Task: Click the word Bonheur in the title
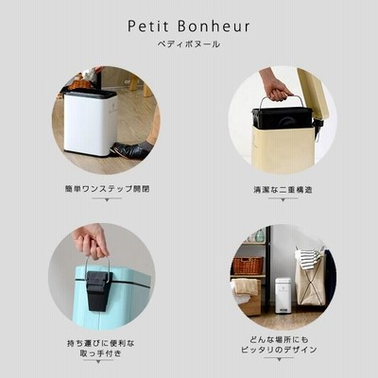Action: coord(214,26)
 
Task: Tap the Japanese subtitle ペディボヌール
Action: coord(189,44)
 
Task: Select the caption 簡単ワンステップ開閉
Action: coord(107,189)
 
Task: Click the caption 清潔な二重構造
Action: coord(283,190)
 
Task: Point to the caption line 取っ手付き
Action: coord(101,353)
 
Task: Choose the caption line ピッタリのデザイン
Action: coord(279,350)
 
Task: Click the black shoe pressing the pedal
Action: coord(130,149)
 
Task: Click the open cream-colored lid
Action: coord(314,94)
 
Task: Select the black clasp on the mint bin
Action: coord(98,290)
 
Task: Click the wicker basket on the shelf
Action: coord(248,266)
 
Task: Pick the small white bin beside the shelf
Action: coord(283,295)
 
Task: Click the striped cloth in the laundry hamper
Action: coord(309,258)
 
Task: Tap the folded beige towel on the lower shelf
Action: coord(246,287)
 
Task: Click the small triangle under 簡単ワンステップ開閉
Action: coord(107,199)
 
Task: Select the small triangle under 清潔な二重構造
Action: coord(283,200)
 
